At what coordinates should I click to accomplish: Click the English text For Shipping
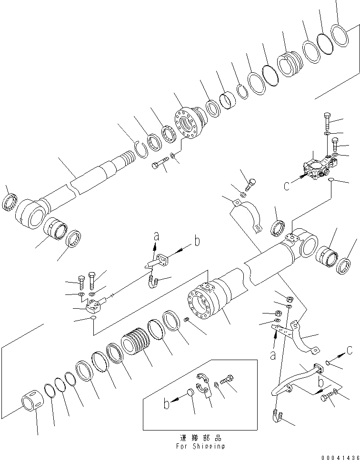[x=200, y=446]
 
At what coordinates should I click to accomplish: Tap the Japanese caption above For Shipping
[x=200, y=438]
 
